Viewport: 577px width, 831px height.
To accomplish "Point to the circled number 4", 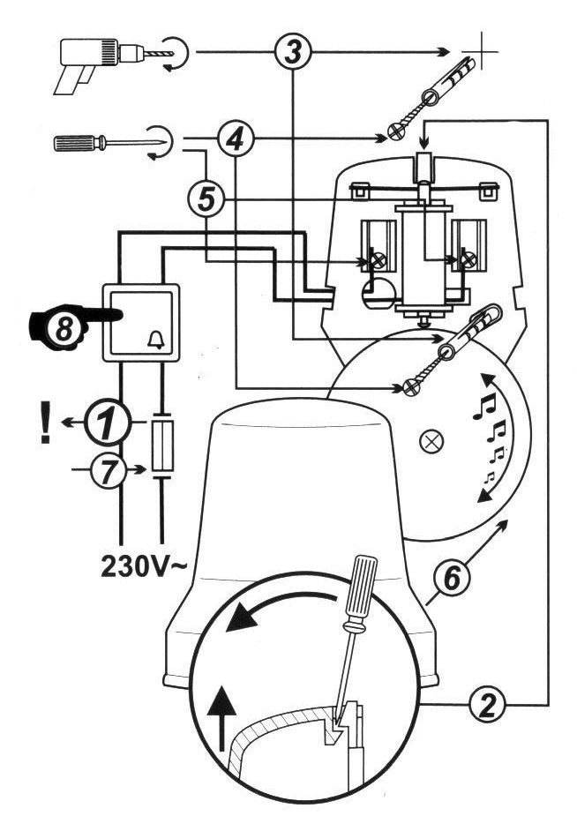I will pos(235,138).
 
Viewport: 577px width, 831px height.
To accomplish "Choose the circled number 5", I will pos(206,198).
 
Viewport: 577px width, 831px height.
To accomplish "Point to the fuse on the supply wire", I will pos(162,446).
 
